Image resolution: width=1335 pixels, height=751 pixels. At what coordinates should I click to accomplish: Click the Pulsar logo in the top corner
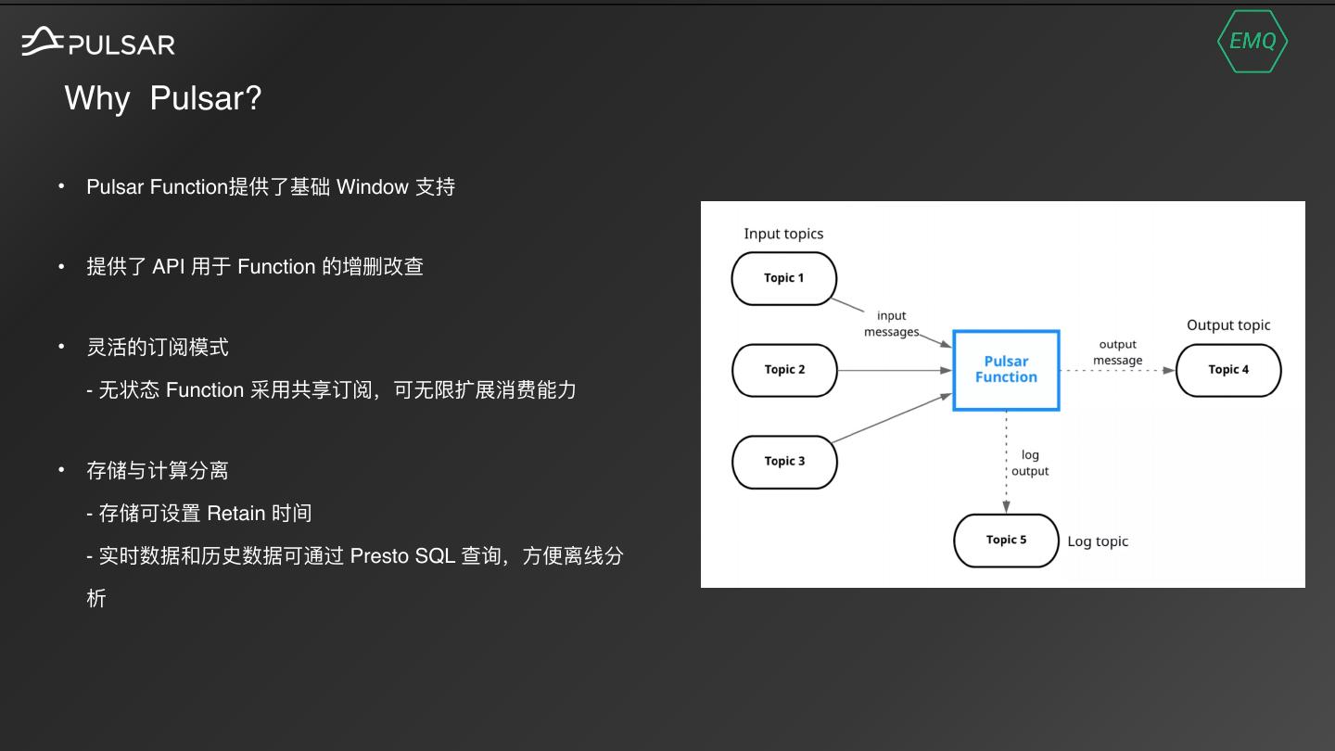(x=98, y=42)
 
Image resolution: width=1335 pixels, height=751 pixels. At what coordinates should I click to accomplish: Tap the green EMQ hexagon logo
(x=1252, y=41)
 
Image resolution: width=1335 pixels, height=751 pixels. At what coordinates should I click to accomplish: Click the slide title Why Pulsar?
(x=163, y=97)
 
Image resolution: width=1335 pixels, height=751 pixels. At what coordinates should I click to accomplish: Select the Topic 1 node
(x=784, y=278)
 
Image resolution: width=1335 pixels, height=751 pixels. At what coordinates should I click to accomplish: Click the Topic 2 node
(x=784, y=370)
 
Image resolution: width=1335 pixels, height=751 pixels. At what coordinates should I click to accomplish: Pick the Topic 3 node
(x=784, y=462)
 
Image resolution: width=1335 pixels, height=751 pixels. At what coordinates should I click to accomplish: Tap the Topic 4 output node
(x=1228, y=370)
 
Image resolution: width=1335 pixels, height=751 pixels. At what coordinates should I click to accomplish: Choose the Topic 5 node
(x=1006, y=541)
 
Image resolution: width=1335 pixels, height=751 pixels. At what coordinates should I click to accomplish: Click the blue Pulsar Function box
(x=1006, y=370)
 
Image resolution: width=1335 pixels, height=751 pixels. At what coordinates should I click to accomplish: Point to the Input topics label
(x=783, y=234)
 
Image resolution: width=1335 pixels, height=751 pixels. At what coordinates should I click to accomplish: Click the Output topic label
(x=1228, y=325)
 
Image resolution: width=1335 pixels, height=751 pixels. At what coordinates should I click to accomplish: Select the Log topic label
(x=1098, y=541)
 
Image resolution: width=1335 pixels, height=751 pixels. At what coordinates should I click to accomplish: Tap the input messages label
(x=891, y=324)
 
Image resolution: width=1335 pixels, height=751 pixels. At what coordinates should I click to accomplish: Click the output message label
(x=1117, y=352)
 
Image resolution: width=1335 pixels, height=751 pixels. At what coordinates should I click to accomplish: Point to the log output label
(x=1030, y=463)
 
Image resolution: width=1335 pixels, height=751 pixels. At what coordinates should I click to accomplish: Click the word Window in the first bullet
(x=373, y=187)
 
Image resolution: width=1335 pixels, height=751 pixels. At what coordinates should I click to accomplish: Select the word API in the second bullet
(x=169, y=267)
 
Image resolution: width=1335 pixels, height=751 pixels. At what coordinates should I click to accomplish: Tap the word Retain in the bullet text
(x=235, y=514)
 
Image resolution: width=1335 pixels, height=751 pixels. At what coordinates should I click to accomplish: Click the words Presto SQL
(x=402, y=556)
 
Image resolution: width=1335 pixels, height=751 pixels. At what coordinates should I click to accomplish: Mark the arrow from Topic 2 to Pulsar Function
(x=895, y=370)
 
